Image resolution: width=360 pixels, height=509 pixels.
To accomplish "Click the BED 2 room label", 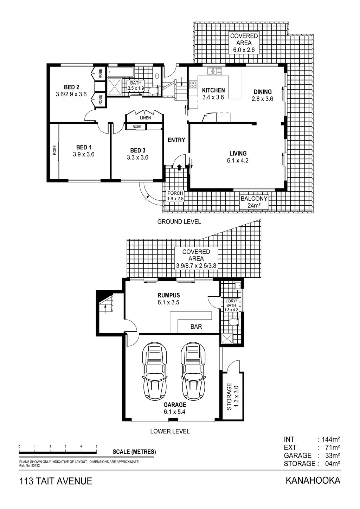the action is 71,87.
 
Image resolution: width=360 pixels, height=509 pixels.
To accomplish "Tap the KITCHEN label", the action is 213,90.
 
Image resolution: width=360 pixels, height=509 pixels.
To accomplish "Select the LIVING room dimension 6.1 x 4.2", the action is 238,161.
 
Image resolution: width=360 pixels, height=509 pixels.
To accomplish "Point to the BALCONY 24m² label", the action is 254,202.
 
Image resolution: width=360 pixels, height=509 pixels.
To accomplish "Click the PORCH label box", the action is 175,196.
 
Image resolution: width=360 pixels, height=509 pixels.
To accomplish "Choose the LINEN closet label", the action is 145,118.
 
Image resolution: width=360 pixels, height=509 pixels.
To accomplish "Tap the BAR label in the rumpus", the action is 196,327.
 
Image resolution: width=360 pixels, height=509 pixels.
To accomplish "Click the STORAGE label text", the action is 229,397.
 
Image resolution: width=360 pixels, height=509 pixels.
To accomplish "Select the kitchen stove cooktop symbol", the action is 193,84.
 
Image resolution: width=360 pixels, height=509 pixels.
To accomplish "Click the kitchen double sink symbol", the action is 214,71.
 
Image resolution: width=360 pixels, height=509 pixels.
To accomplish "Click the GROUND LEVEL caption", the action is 179,221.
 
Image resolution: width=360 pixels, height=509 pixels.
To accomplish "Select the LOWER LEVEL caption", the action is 170,431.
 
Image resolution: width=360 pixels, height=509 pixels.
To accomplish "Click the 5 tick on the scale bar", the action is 96,447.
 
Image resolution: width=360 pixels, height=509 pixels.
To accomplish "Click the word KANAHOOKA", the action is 313,480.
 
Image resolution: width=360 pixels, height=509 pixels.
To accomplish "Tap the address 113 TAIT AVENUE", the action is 56,481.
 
